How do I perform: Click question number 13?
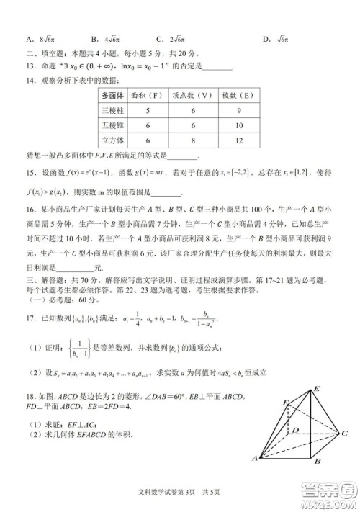click(x=32, y=68)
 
